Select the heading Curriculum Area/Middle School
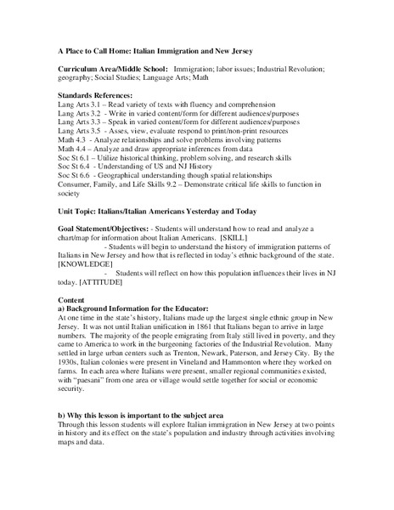coord(110,67)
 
